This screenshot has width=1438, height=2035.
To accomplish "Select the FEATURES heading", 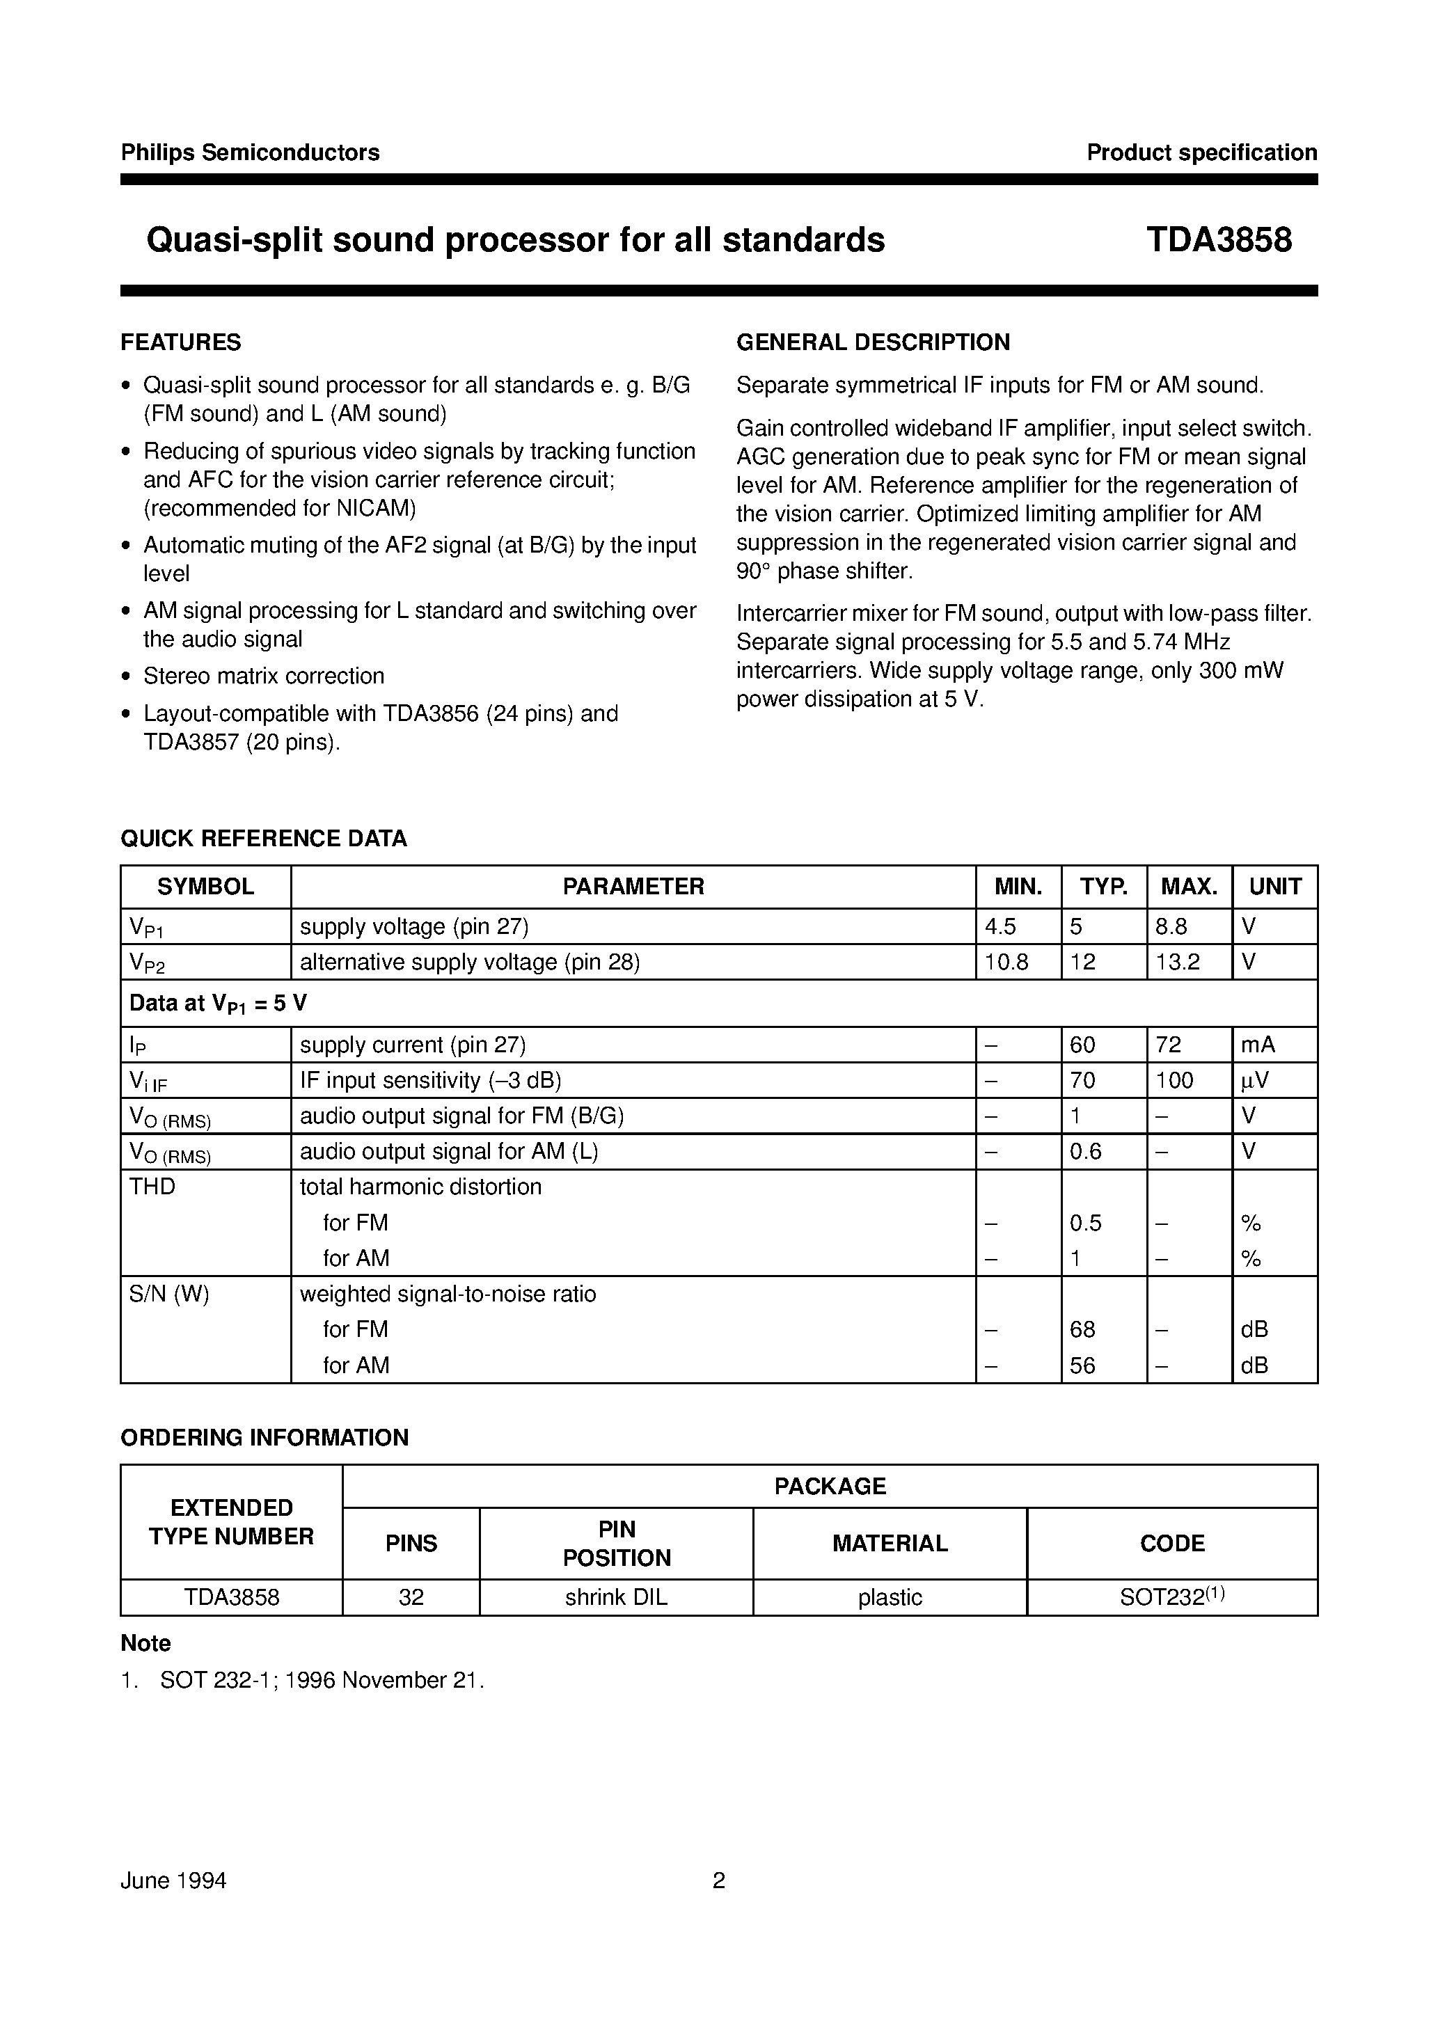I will click(x=181, y=342).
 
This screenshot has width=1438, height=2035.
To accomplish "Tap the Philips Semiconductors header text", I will click(x=250, y=152).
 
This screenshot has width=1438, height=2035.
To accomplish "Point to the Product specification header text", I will click(x=1201, y=152).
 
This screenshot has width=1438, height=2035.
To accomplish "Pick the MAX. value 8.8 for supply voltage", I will click(x=1171, y=927).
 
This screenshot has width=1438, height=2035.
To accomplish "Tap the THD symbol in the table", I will click(x=152, y=1187).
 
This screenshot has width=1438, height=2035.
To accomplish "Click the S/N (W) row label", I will click(x=169, y=1294).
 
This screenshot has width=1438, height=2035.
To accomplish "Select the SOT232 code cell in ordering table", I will click(x=1171, y=1597).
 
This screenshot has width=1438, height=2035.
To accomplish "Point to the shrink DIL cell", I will click(x=616, y=1597).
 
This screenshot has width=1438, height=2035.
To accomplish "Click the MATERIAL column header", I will click(x=890, y=1543).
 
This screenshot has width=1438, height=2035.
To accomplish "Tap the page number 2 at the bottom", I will click(x=719, y=1880).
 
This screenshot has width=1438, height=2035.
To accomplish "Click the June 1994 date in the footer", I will click(x=174, y=1880).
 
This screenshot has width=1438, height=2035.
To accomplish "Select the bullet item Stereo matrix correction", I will click(x=263, y=676).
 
